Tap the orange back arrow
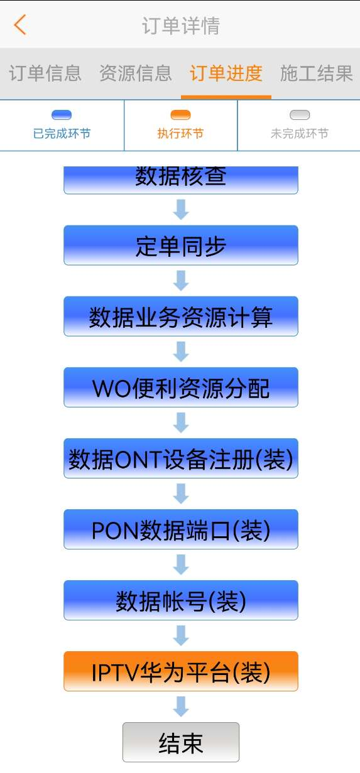coord(20,25)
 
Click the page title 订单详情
coord(180,26)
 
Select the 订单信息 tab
coord(45,73)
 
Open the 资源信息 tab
coord(136,73)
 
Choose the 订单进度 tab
coord(226,73)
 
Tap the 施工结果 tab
coord(317,73)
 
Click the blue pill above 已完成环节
coord(62,115)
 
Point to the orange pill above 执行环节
coord(180,115)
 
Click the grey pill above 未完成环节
coord(300,115)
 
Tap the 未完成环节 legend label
coord(300,134)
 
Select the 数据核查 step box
coord(181,180)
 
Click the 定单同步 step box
coord(181,246)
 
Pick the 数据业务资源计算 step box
coord(181,316)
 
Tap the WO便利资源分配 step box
coord(181,387)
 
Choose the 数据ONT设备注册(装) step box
coord(181,458)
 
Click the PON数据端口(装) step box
coord(181,529)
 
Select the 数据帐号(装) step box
coord(181,600)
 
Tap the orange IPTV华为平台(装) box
coord(181,671)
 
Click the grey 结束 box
coord(181,742)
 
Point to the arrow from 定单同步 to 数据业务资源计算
coord(181,281)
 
